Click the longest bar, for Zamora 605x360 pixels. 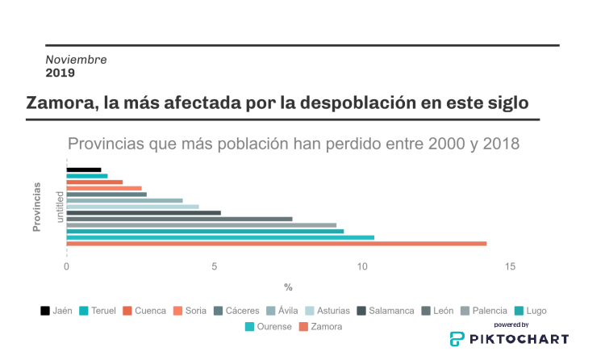pyautogui.click(x=276, y=244)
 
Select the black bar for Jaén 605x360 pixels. pyautogui.click(x=83, y=170)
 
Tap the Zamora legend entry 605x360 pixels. pyautogui.click(x=320, y=327)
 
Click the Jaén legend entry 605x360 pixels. pyautogui.click(x=56, y=311)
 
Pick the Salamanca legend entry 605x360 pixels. pyautogui.click(x=386, y=311)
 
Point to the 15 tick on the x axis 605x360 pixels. pyautogui.click(x=510, y=267)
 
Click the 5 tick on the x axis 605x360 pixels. pyautogui.click(x=215, y=267)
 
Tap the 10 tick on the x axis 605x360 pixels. pyautogui.click(x=362, y=267)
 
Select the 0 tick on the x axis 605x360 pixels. pyautogui.click(x=67, y=267)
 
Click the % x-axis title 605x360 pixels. pyautogui.click(x=288, y=287)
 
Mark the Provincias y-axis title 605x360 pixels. pyautogui.click(x=37, y=207)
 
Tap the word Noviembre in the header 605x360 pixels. pyautogui.click(x=76, y=60)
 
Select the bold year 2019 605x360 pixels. pyautogui.click(x=60, y=73)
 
